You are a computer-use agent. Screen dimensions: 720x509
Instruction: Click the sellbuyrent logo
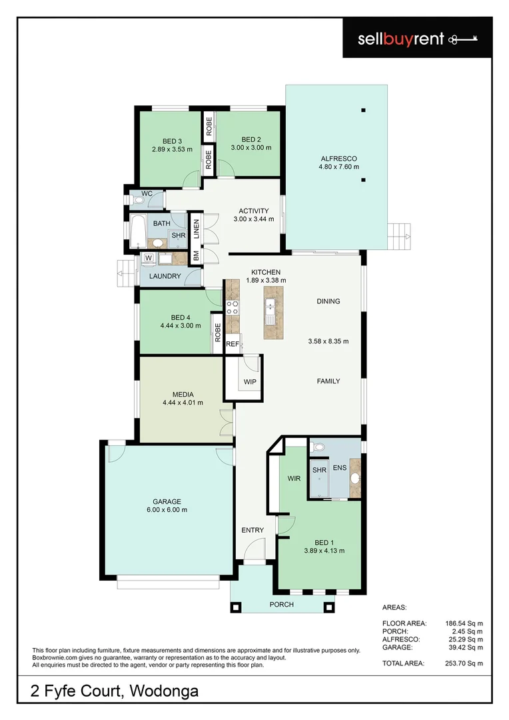(416, 39)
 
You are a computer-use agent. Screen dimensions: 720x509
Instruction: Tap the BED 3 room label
(173, 141)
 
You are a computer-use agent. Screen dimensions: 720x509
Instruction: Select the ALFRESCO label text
(338, 158)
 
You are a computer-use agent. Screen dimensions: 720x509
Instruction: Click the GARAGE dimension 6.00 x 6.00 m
(167, 510)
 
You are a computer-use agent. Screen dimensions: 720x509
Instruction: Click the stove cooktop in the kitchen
(233, 307)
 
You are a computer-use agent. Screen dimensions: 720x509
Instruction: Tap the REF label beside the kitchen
(232, 345)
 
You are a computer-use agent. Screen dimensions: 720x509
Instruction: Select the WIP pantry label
(250, 382)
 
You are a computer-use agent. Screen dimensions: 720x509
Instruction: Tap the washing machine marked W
(148, 258)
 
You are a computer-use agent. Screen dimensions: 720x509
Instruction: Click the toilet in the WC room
(138, 199)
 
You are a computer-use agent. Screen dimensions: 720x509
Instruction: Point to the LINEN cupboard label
(197, 229)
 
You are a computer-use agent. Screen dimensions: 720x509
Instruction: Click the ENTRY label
(253, 530)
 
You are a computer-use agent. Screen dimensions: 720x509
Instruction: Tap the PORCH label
(280, 605)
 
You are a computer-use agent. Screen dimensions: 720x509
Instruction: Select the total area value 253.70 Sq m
(464, 663)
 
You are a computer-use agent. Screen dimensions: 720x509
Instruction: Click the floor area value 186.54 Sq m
(464, 623)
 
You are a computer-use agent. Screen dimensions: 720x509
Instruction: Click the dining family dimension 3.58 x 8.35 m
(328, 341)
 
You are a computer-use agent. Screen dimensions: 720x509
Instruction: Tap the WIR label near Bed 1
(294, 479)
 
